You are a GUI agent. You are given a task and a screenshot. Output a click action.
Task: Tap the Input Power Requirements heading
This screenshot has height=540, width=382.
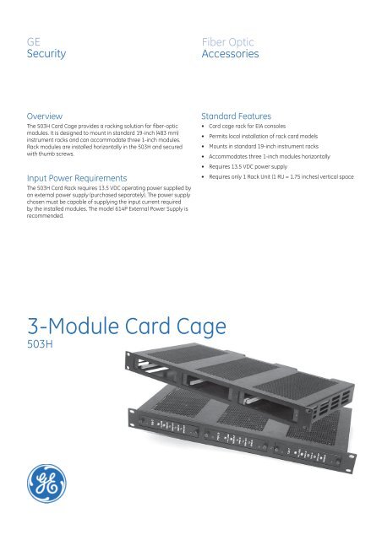pyautogui.click(x=78, y=179)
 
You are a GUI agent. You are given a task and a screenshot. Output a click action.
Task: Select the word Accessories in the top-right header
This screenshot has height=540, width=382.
pyautogui.click(x=230, y=56)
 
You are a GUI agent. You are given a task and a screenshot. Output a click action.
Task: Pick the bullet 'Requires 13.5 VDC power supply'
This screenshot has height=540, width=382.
pyautogui.click(x=253, y=168)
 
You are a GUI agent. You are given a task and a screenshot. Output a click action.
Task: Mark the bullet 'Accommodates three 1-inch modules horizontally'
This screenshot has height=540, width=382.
pyautogui.click(x=274, y=158)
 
